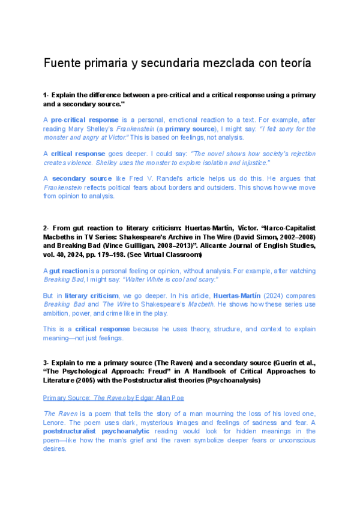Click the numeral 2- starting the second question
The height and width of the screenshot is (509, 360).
(46, 229)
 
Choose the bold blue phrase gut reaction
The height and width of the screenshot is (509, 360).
(71, 271)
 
